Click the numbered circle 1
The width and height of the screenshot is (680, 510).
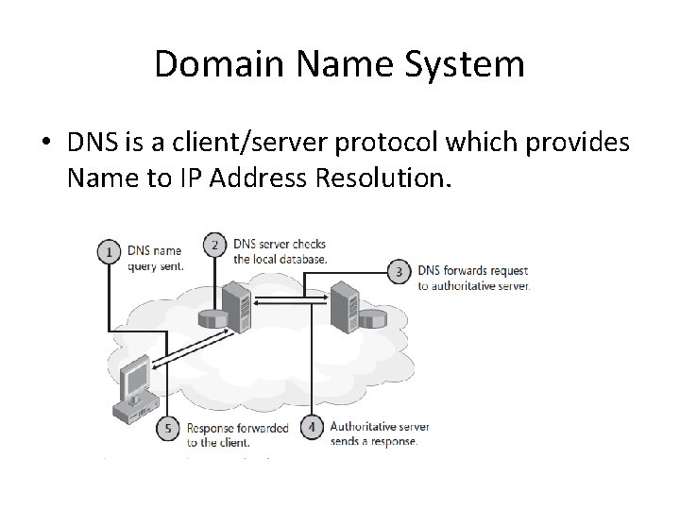(110, 253)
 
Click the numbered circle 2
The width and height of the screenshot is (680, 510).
(215, 246)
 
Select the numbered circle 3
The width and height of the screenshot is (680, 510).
(399, 272)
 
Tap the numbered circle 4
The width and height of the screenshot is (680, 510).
(312, 428)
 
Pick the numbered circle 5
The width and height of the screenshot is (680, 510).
(169, 429)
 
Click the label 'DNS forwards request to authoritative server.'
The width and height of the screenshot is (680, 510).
(474, 279)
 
